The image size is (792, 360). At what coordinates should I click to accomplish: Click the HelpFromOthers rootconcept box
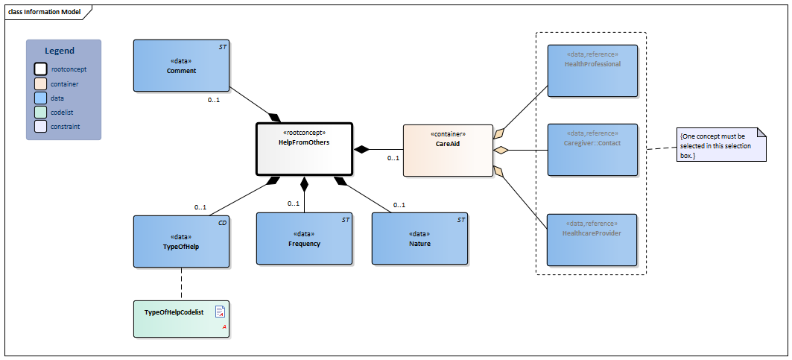tap(303, 150)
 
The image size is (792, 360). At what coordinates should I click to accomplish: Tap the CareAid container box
tap(447, 150)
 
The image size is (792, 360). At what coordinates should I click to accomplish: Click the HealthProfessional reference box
tap(592, 70)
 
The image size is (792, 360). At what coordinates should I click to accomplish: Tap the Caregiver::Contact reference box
tap(592, 149)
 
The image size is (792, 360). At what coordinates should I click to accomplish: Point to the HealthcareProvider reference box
tap(592, 239)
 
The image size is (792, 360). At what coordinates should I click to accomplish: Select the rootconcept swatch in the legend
tap(40, 69)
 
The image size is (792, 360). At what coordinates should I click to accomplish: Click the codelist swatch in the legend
tap(40, 113)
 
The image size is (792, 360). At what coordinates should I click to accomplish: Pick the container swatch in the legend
tap(40, 83)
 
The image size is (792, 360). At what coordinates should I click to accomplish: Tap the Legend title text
tap(60, 51)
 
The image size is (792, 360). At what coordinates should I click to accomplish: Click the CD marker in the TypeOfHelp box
tap(222, 222)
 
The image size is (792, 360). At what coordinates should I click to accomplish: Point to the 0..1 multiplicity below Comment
tap(214, 99)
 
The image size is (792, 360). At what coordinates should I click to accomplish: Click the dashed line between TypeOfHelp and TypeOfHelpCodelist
tap(181, 284)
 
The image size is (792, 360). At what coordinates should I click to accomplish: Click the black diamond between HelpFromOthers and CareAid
tap(362, 150)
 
